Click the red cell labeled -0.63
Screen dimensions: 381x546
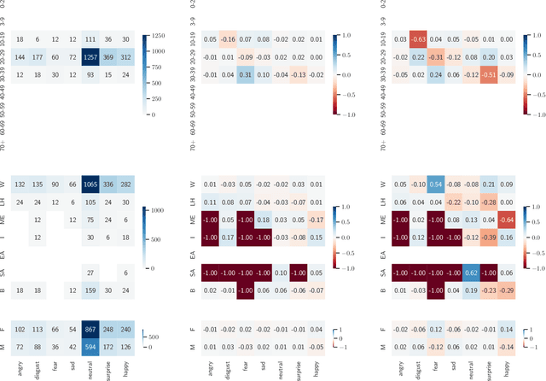pos(419,40)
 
